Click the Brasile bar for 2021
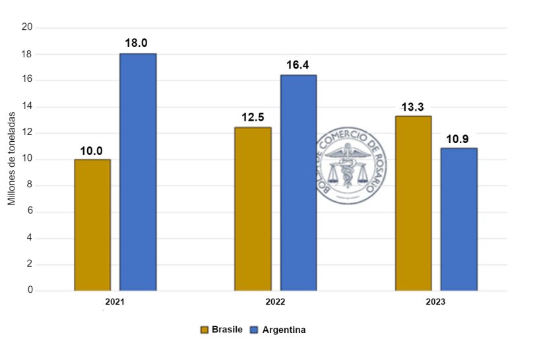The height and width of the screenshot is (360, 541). point(92,225)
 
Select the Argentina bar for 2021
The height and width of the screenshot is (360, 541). point(138,172)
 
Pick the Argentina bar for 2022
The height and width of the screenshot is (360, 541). point(298,183)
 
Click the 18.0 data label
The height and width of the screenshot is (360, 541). point(138,44)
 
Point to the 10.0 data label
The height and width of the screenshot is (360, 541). point(92,150)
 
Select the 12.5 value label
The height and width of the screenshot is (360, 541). point(253,118)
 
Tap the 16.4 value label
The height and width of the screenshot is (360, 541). point(298,65)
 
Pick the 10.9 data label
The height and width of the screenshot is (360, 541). point(459,138)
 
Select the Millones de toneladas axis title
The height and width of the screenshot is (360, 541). point(12,158)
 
